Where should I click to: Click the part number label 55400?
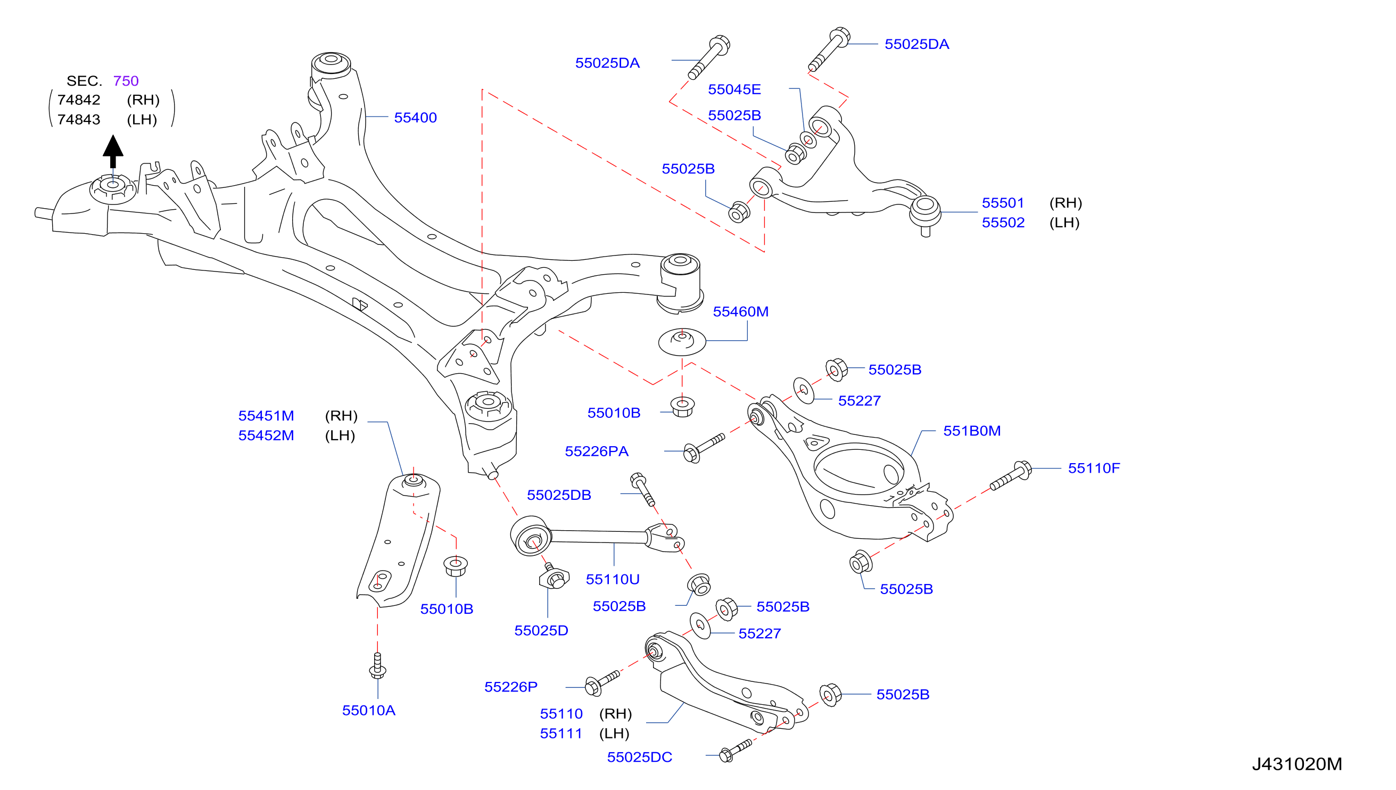pos(415,118)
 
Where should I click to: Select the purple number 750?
pos(126,81)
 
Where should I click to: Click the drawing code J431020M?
pos(1297,764)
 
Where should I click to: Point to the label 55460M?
pos(740,312)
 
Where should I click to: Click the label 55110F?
pos(1093,468)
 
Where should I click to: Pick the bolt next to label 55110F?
pos(1010,475)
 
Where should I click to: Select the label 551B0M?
pos(971,431)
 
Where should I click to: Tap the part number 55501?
pos(1003,203)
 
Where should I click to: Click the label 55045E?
pos(734,89)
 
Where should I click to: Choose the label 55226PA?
pos(597,451)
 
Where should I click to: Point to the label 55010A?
pos(368,711)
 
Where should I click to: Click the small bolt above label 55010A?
pos(377,666)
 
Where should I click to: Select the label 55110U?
pos(612,580)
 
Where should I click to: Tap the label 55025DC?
pos(639,758)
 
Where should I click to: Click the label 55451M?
pos(266,416)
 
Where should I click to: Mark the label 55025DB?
pos(559,496)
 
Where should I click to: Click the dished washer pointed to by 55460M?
pos(682,342)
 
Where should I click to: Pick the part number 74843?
pos(79,119)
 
